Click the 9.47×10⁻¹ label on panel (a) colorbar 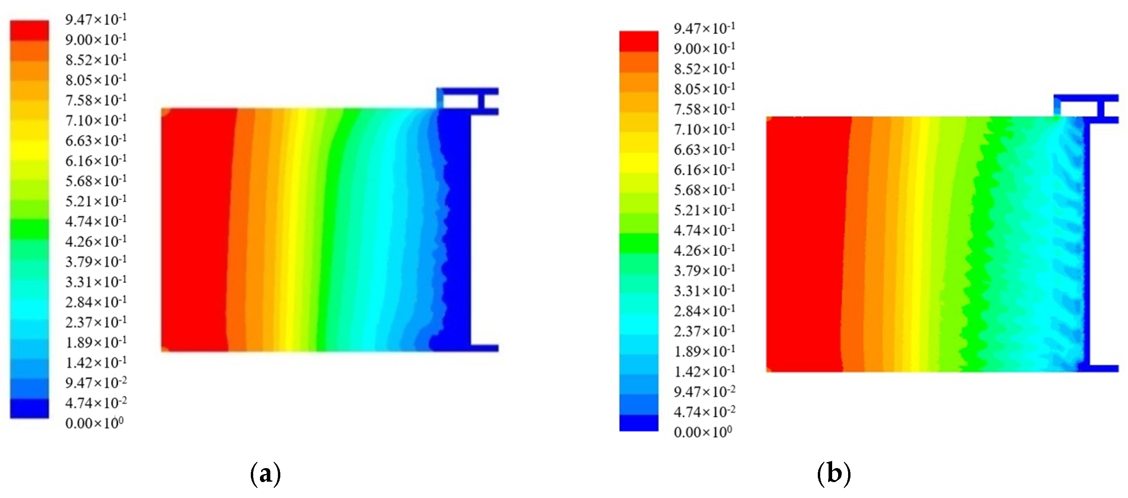[96, 19]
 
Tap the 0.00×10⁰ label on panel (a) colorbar [94, 423]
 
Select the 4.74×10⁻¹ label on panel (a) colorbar [96, 221]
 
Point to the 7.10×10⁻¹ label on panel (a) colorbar [96, 120]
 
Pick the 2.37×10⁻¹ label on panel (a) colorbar [96, 322]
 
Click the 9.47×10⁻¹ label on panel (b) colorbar [705, 28]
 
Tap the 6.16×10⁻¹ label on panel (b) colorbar [705, 169]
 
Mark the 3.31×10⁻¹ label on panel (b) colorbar [705, 290]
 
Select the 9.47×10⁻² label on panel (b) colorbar [705, 391]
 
